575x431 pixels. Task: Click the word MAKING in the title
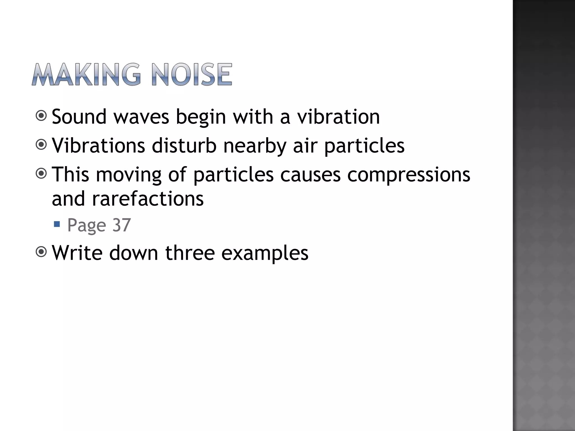(x=86, y=74)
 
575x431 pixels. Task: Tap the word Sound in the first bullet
(x=79, y=116)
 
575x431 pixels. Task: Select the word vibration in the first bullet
(x=338, y=116)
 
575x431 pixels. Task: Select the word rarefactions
(x=148, y=198)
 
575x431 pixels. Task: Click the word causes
(x=310, y=174)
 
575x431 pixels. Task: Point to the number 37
(x=122, y=225)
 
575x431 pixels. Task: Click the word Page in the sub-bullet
(x=87, y=225)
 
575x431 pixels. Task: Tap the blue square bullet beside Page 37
(x=57, y=224)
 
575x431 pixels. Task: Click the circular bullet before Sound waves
(x=42, y=116)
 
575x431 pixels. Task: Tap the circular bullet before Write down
(x=42, y=252)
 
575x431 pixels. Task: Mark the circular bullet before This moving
(x=42, y=174)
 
